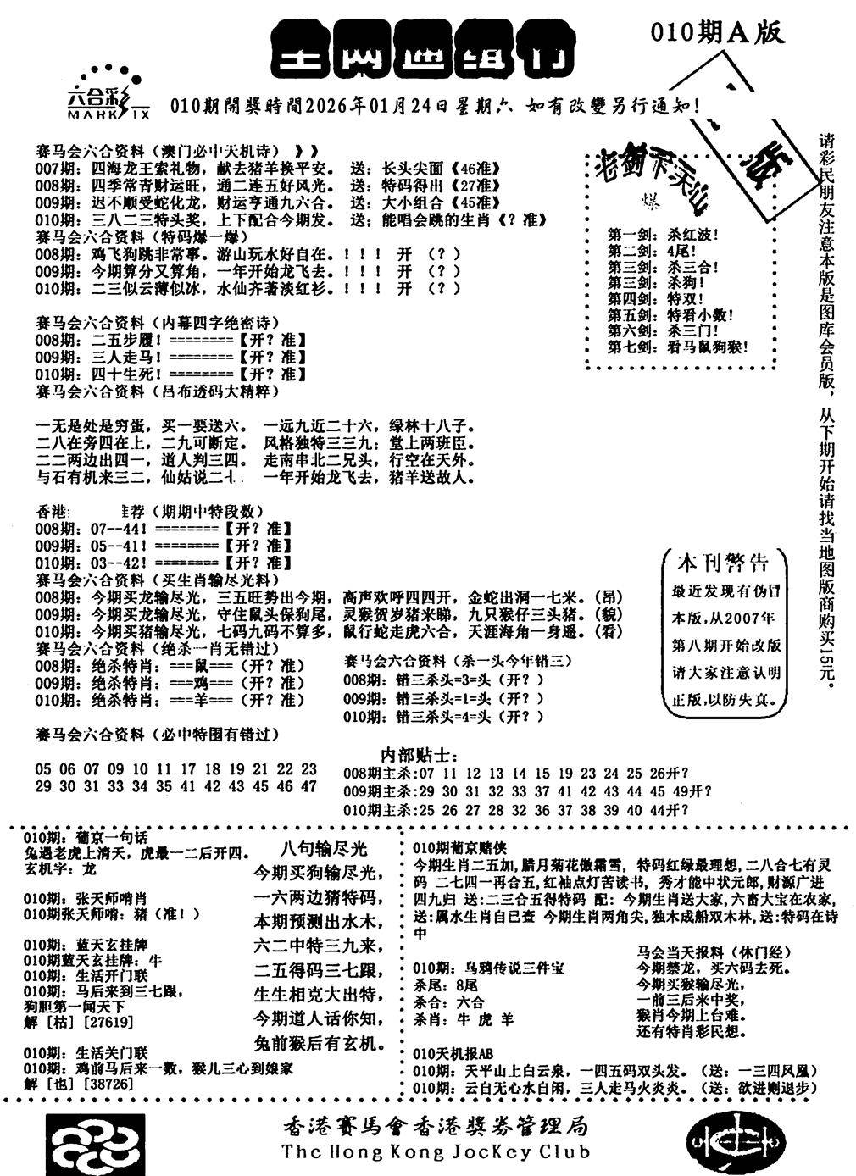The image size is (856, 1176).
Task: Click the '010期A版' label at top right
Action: (x=717, y=32)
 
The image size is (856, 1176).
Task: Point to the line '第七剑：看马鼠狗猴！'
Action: (x=678, y=347)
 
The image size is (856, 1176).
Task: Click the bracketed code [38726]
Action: (x=76, y=1084)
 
